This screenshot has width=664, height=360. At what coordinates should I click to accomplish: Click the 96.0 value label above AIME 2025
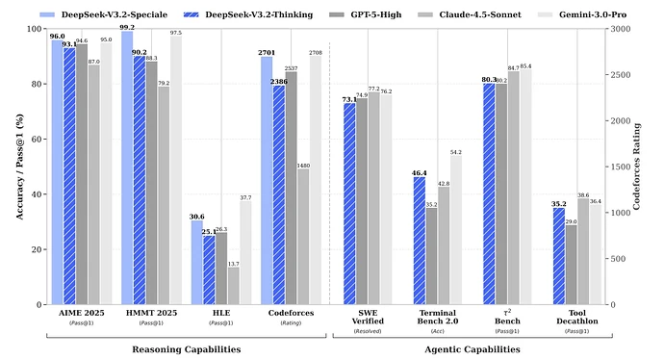point(57,36)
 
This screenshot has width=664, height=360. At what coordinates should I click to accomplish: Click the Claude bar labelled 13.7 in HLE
point(233,286)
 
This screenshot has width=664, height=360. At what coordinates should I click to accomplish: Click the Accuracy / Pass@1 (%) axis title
point(12,167)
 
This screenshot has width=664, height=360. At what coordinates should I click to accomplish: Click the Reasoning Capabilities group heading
point(186,348)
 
